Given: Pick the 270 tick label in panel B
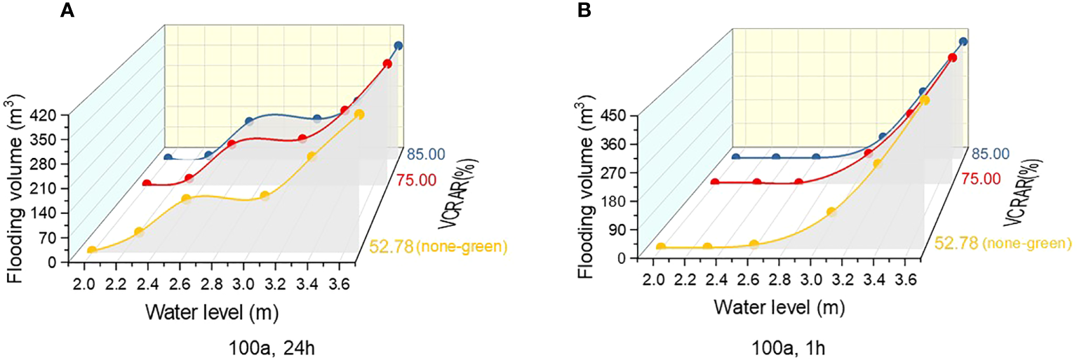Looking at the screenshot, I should tap(623, 172).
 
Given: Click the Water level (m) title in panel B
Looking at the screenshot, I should tap(780, 307).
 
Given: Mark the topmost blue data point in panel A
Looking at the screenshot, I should tap(399, 46).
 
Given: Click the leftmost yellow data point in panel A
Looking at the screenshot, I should tap(92, 250).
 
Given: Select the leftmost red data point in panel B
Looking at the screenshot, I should tap(715, 182).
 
